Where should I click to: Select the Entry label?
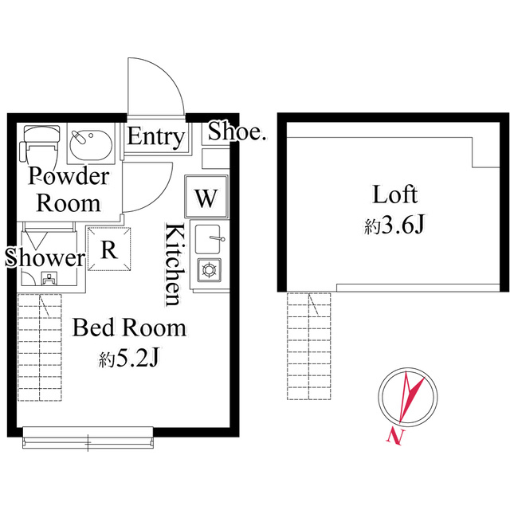click(x=156, y=138)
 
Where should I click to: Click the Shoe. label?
click(x=237, y=131)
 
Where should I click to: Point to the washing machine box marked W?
click(x=206, y=196)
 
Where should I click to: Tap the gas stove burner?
click(x=209, y=270)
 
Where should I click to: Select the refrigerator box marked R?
click(x=109, y=249)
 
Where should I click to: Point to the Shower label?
click(x=45, y=258)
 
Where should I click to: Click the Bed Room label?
click(x=129, y=328)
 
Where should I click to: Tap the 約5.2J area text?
click(x=129, y=359)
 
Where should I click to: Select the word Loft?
click(x=395, y=194)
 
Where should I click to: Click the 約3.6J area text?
click(x=394, y=225)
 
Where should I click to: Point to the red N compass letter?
click(x=395, y=436)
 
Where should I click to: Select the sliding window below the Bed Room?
click(x=88, y=438)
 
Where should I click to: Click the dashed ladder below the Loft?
click(x=308, y=346)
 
